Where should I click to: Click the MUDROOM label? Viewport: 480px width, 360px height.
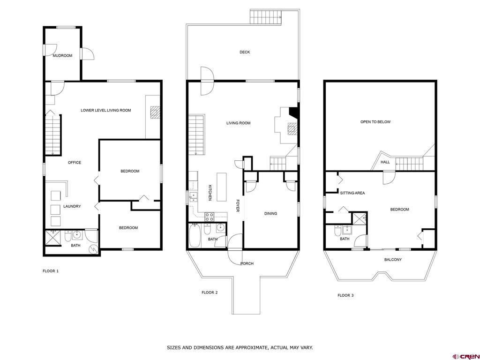coord(62,55)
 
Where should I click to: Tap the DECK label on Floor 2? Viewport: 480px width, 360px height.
coord(245,52)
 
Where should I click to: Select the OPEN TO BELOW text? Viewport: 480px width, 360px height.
coord(375,122)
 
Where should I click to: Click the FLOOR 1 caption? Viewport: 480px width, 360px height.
coord(51,271)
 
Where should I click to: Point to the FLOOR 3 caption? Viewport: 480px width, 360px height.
coord(345,295)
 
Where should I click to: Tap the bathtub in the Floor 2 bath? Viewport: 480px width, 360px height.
coord(195,235)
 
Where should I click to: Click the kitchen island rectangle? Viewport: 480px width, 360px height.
coord(222,187)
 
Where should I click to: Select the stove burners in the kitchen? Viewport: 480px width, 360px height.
coord(210,217)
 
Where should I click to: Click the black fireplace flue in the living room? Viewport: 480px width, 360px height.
coord(294,112)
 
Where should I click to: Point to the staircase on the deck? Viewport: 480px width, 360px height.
coord(265,17)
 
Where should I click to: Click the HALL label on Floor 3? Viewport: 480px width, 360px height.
coord(385,162)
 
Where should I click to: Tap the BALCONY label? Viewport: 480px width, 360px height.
coord(393,260)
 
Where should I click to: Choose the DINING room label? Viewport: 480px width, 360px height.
coord(270,213)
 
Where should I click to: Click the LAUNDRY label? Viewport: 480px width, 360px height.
coord(72,206)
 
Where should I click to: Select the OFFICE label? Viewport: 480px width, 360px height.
coord(75,163)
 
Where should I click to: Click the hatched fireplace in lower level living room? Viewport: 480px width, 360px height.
coord(156,112)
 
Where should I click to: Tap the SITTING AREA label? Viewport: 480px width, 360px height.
coord(352,193)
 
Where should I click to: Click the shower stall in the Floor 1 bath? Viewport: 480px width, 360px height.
coord(53,238)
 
